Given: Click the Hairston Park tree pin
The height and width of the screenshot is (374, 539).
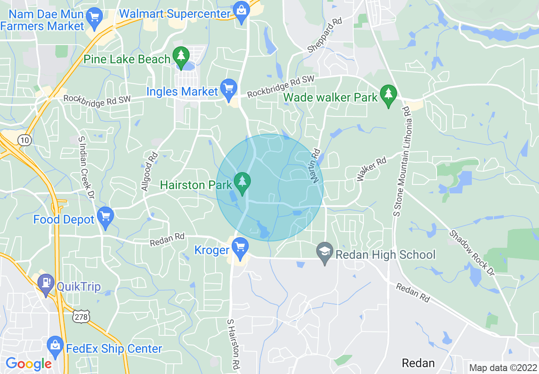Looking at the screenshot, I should coord(242,182).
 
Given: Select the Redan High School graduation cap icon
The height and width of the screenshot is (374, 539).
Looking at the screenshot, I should coord(325,254).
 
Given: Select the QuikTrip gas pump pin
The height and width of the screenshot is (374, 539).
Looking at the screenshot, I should coord(45,283).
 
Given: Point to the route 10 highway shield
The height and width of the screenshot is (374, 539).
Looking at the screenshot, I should coord(25,140).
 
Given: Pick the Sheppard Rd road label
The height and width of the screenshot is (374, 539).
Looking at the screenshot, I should coord(325,35).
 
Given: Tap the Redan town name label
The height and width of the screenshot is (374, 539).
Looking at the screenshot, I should coord(418,363).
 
